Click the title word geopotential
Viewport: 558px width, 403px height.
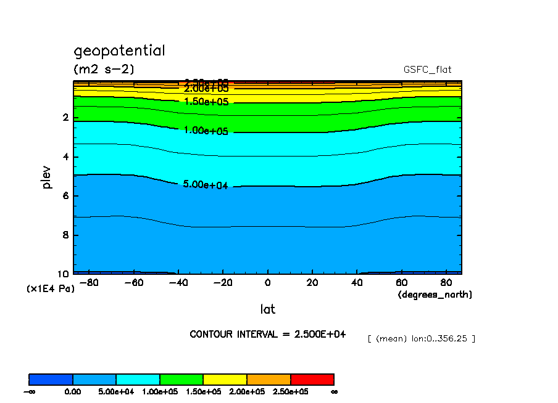pos(119,51)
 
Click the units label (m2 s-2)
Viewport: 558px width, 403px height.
pos(104,69)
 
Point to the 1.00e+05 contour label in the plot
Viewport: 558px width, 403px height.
pos(206,131)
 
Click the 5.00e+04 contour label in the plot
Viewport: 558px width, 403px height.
pos(206,184)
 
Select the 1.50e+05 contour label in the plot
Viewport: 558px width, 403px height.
pos(206,102)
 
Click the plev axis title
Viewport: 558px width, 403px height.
pos(48,176)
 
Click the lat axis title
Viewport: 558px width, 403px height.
pos(267,308)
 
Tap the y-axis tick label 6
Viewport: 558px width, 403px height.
pos(65,196)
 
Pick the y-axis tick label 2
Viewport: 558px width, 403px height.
pos(65,118)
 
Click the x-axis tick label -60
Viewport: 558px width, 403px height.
pos(133,283)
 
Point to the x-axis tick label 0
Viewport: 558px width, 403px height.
pos(267,283)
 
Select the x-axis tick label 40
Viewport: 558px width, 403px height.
pos(356,283)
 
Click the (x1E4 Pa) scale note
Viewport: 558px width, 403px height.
pos(51,288)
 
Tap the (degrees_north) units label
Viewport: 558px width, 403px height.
pos(435,295)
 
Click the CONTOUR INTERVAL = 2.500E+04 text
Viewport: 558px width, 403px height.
pos(267,334)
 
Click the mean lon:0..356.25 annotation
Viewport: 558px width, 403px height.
pos(421,338)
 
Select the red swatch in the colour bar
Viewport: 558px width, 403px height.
pos(312,379)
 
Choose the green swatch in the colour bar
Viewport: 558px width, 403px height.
pos(181,379)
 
